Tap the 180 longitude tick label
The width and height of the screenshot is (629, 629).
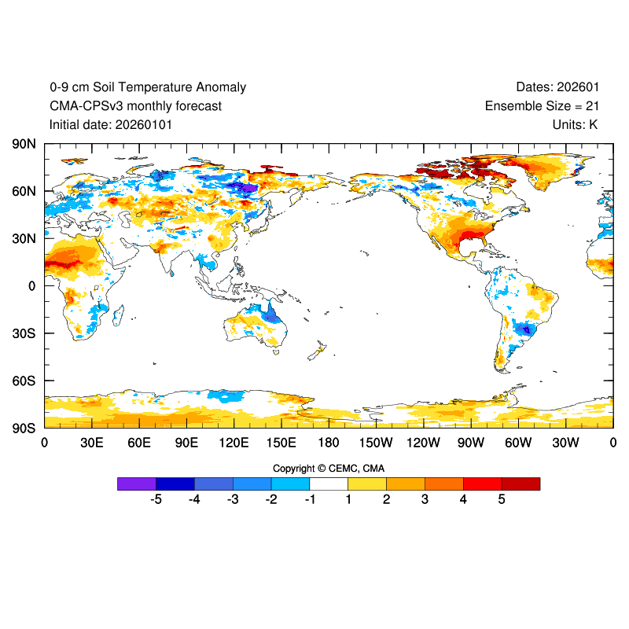click(329, 443)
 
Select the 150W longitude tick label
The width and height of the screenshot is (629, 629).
click(376, 443)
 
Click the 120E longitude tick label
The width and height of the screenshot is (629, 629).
click(234, 443)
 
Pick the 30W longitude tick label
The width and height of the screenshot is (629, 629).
click(565, 443)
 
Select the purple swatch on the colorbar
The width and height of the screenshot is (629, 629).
click(136, 484)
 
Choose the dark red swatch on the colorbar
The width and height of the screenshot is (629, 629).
click(520, 484)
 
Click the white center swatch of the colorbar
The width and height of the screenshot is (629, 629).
click(329, 484)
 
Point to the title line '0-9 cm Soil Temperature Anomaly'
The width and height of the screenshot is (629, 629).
click(148, 87)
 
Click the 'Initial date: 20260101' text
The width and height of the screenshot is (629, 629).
click(111, 124)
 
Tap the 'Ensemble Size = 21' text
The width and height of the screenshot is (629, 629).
click(541, 106)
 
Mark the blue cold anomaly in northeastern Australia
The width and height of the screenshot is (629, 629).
click(274, 316)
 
